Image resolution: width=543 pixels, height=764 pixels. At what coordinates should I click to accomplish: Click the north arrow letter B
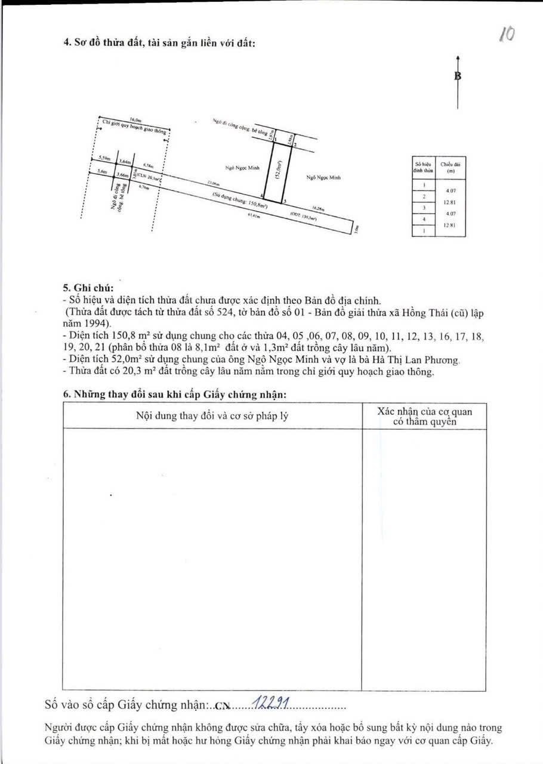(458, 76)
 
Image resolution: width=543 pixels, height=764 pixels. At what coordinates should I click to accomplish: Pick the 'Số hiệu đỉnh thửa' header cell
(423, 167)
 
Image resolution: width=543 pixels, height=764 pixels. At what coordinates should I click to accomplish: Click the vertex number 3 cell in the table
(423, 208)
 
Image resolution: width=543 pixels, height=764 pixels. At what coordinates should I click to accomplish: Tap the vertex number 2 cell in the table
(423, 196)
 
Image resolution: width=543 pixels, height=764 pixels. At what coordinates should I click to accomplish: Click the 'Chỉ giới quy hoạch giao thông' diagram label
(134, 127)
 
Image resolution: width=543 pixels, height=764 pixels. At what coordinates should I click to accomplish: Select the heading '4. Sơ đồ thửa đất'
(160, 43)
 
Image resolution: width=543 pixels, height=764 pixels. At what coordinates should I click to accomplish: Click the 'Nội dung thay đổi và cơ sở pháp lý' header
(212, 415)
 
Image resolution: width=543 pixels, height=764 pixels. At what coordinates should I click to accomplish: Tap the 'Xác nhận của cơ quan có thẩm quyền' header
(424, 416)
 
